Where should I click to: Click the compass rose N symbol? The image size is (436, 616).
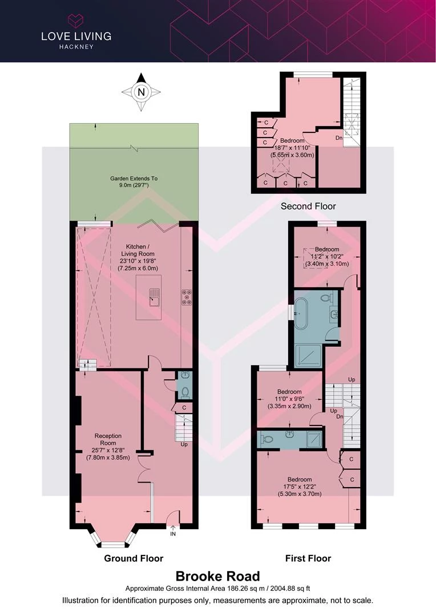[141, 92]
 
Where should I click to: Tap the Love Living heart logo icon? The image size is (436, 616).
[76, 21]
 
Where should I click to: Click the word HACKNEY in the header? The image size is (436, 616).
[76, 47]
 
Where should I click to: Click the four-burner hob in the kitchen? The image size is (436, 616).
[187, 297]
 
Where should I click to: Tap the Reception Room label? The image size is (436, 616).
[108, 439]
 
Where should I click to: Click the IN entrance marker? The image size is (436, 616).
[173, 534]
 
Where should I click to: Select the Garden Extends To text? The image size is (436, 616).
[134, 179]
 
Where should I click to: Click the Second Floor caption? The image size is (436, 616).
[308, 206]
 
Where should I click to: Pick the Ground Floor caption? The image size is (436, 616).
[134, 558]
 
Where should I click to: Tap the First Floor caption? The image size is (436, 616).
[308, 558]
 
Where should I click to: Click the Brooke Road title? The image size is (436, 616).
[218, 576]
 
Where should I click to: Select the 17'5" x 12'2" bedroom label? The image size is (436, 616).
[300, 487]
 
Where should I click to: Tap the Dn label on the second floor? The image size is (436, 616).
[339, 138]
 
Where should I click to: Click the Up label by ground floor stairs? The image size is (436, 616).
[184, 444]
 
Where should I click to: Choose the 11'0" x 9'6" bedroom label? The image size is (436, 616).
[289, 399]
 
